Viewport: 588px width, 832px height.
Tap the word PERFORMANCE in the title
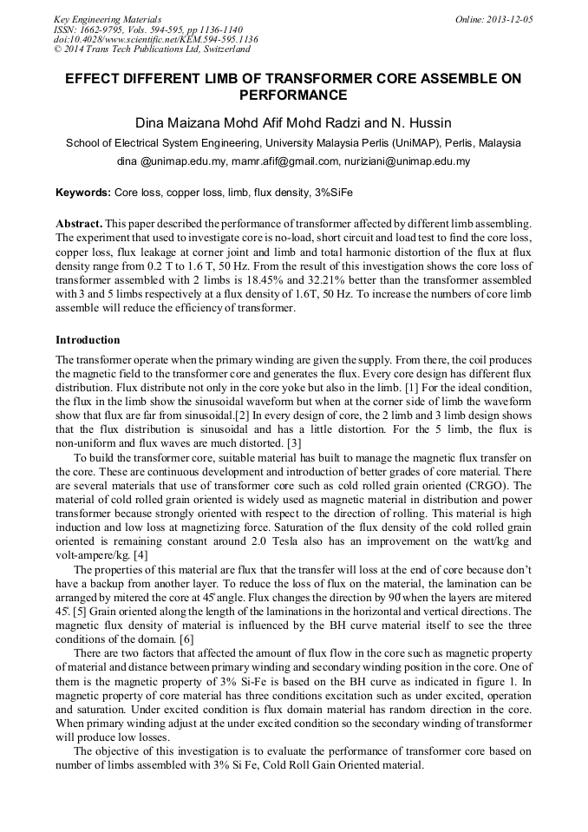(293, 95)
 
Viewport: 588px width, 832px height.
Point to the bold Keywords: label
(83, 192)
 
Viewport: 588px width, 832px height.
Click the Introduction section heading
(88, 339)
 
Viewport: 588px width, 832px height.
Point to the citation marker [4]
(140, 554)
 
